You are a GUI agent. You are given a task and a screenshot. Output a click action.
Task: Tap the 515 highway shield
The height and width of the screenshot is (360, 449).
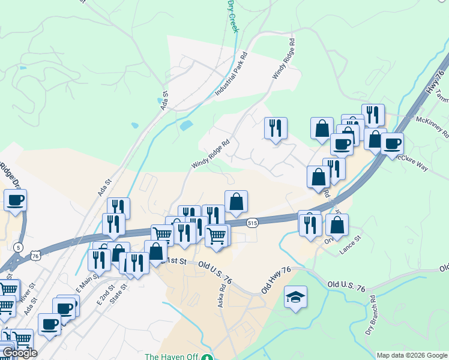pyautogui.click(x=252, y=223)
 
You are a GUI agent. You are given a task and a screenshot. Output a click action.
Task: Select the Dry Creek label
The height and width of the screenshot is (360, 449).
pyautogui.click(x=231, y=15)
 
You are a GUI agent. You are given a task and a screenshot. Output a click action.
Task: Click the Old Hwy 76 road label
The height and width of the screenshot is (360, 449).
pyautogui.click(x=276, y=280)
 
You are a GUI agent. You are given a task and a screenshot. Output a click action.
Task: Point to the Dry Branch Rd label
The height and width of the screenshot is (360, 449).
pyautogui.click(x=370, y=315)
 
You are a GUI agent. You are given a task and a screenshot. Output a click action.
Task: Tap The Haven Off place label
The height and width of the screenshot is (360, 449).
pyautogui.click(x=171, y=356)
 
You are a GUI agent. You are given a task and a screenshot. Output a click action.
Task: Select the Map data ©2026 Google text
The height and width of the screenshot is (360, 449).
pyautogui.click(x=411, y=355)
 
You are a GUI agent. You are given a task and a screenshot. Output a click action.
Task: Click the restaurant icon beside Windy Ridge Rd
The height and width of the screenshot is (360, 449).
pyautogui.click(x=276, y=128)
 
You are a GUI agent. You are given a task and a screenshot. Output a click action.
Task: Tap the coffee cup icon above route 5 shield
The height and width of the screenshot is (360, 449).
pyautogui.click(x=15, y=200)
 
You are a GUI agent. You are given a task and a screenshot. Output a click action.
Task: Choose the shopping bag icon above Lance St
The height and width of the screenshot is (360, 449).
pyautogui.click(x=337, y=226)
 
